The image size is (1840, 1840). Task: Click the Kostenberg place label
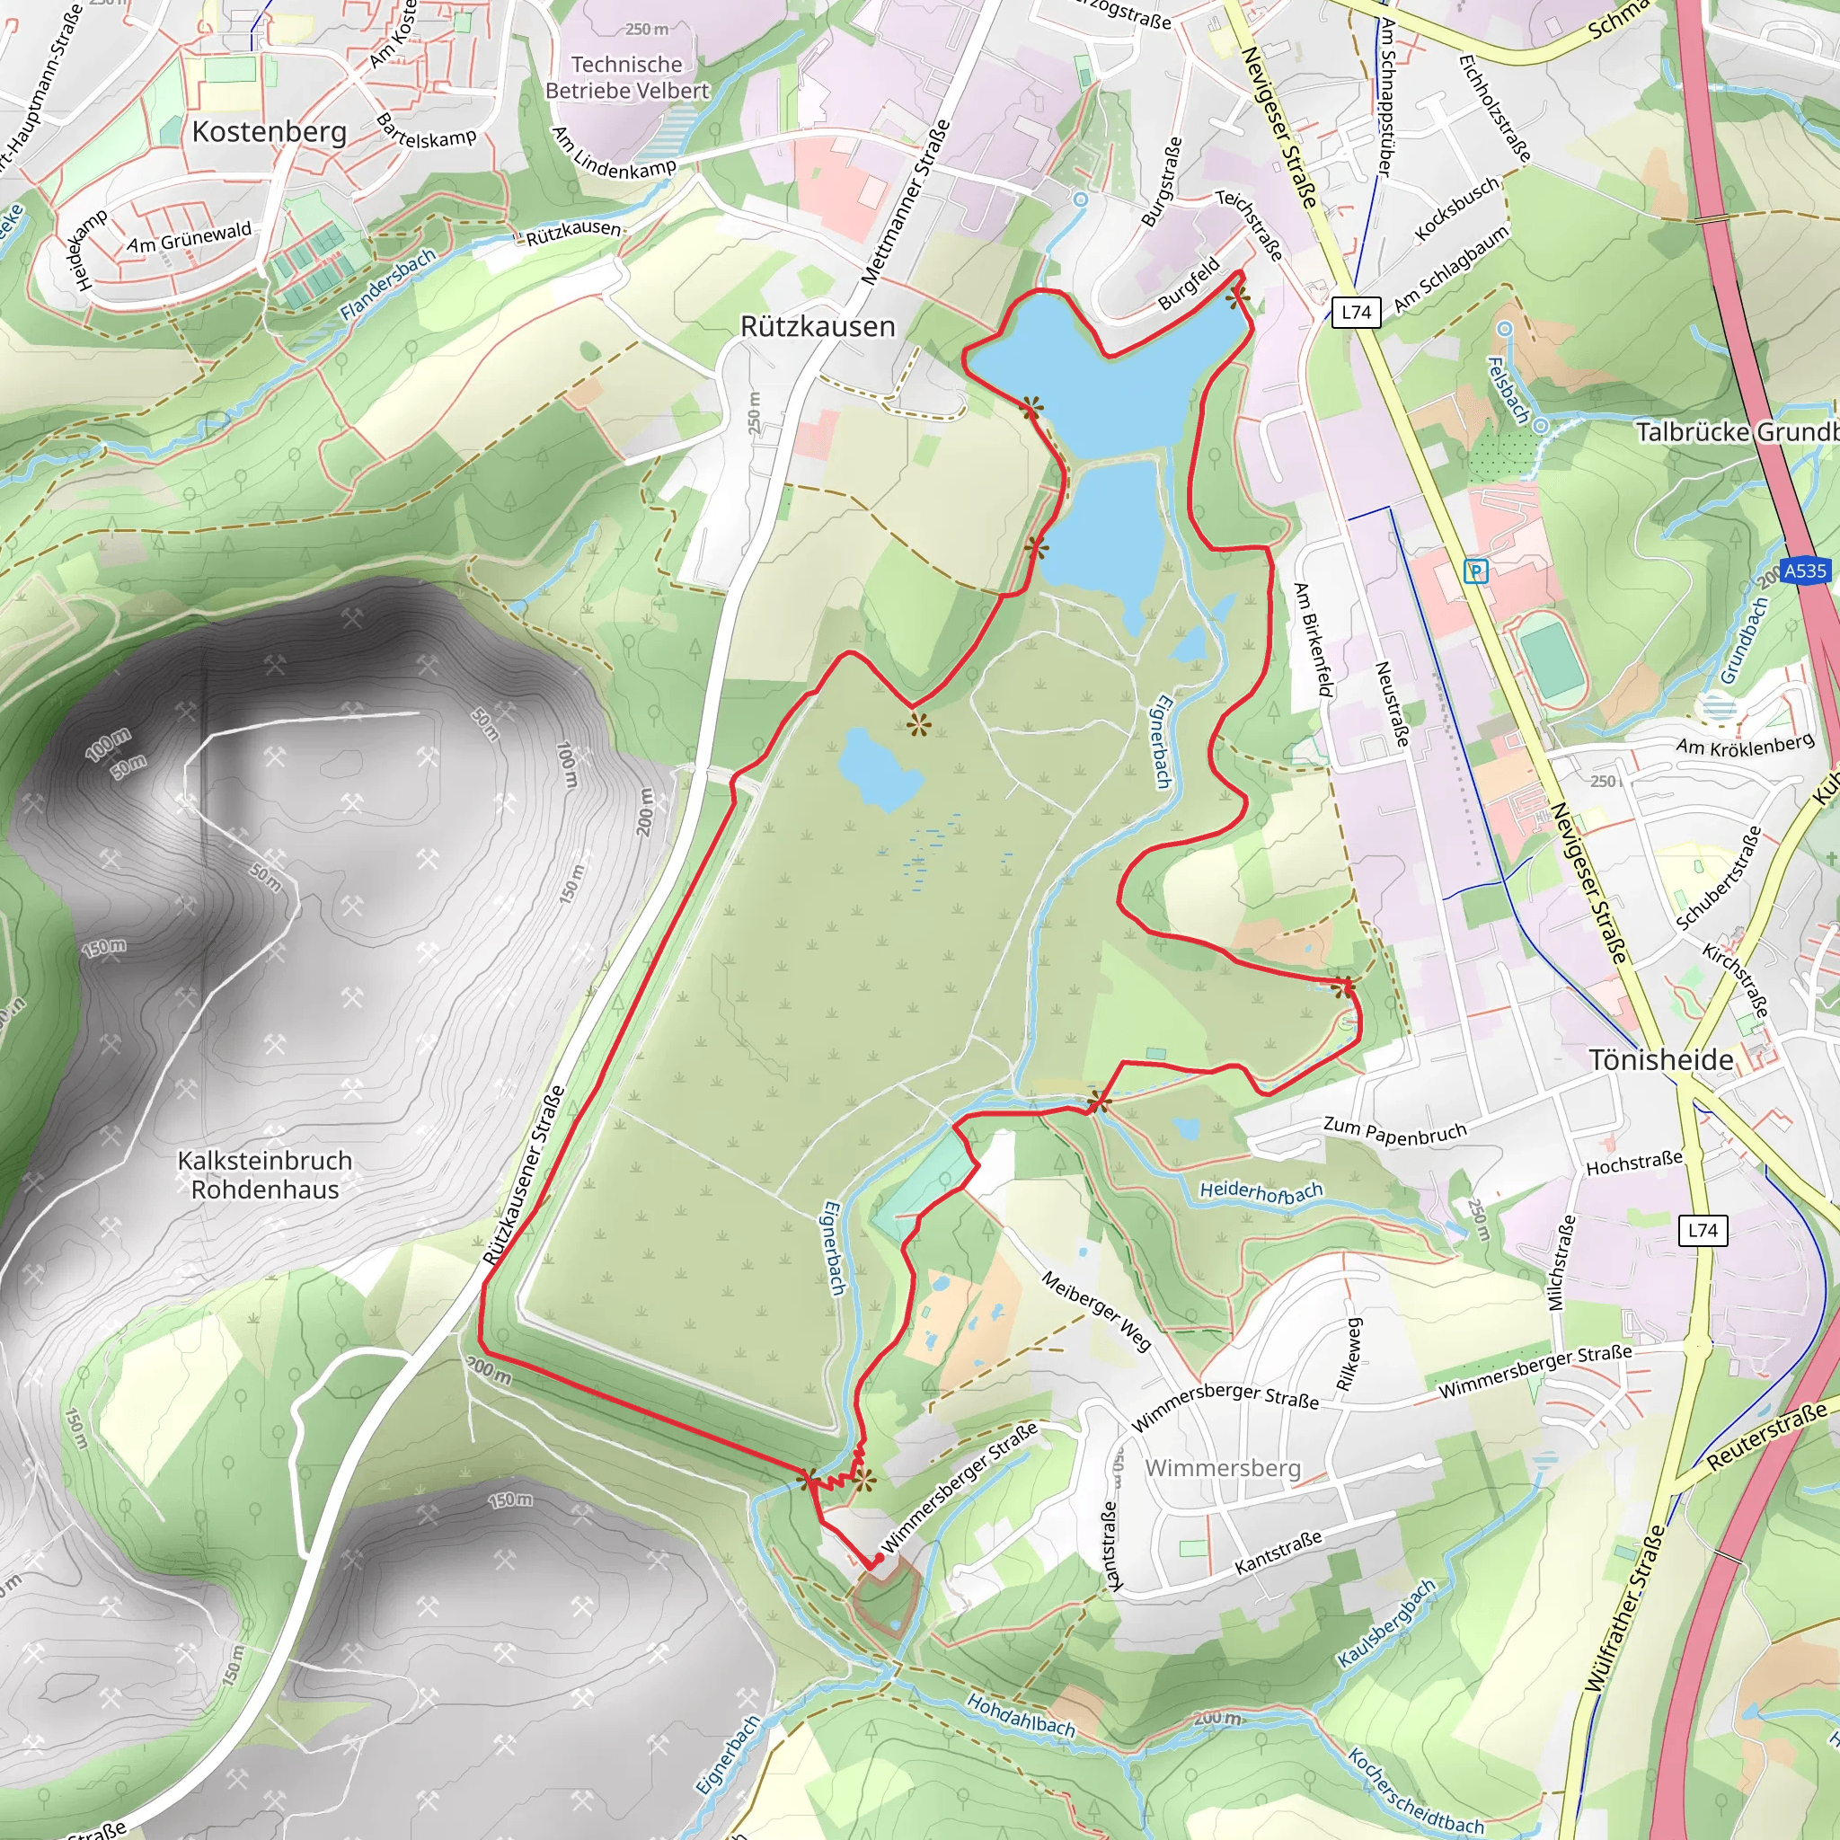(270, 131)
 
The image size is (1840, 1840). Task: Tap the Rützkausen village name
(818, 327)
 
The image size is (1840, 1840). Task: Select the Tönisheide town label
(1661, 1060)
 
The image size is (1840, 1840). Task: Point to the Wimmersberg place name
(1223, 1468)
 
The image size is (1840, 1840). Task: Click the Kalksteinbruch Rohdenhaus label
(265, 1175)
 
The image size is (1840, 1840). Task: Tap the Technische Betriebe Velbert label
(627, 78)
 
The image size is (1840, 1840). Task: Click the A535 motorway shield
(1805, 571)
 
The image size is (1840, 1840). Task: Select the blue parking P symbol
(1476, 571)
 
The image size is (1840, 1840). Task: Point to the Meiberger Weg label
(1096, 1311)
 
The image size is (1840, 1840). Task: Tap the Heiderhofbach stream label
(1261, 1190)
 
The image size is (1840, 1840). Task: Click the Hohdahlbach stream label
(1020, 1714)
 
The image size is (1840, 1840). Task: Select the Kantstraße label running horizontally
(1278, 1552)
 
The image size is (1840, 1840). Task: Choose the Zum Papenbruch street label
(1394, 1130)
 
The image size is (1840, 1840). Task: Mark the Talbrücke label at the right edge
(1736, 432)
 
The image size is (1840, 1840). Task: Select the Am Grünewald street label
(190, 236)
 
